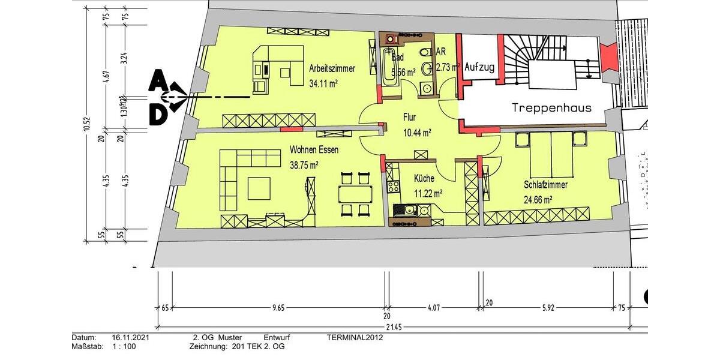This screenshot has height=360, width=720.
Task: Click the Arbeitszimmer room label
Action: [332, 68]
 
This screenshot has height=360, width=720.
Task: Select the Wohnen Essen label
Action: [318, 149]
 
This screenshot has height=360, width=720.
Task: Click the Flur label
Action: [409, 118]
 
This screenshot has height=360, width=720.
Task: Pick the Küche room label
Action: [424, 178]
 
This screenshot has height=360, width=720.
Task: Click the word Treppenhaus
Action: [551, 108]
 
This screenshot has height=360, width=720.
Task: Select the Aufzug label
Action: [479, 67]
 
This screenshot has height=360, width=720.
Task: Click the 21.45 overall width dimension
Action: [394, 326]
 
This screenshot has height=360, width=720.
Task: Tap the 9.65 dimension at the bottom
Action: [278, 308]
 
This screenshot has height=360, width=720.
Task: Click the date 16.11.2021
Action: [130, 337]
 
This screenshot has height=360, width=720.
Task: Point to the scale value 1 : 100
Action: [124, 346]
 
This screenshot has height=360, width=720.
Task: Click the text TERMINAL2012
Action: [355, 337]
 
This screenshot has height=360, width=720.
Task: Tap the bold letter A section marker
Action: [157, 79]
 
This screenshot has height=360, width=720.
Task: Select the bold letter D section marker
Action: [157, 116]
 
